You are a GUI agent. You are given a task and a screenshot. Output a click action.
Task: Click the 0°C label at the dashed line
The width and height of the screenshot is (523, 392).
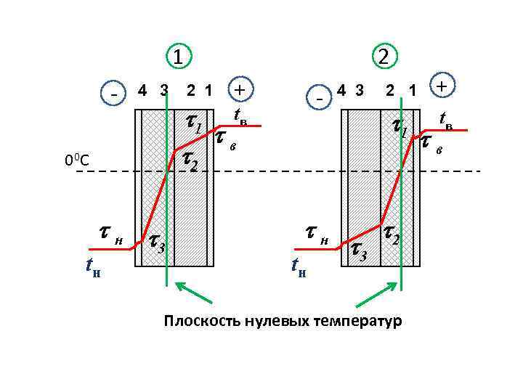pyautogui.click(x=76, y=160)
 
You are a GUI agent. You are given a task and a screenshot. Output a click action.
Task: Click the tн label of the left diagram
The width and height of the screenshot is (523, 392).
pyautogui.click(x=92, y=269)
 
